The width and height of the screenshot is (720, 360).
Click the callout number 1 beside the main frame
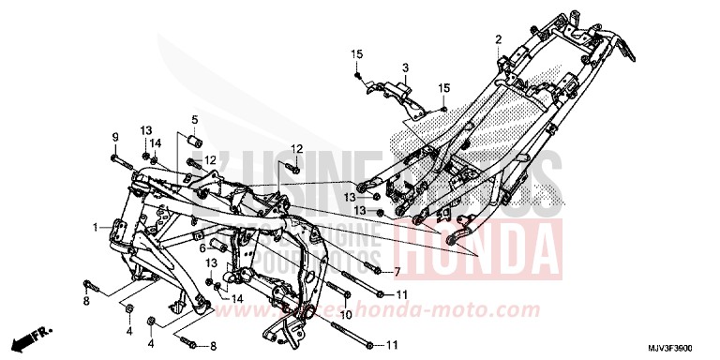[95, 228]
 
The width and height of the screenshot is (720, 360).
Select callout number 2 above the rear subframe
[499, 38]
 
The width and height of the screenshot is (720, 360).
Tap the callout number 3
[406, 67]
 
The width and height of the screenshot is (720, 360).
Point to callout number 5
[196, 119]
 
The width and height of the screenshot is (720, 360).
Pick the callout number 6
[201, 247]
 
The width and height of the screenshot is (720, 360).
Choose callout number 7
[397, 272]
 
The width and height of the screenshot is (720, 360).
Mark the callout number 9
[115, 138]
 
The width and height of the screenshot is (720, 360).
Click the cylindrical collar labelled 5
[196, 142]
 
